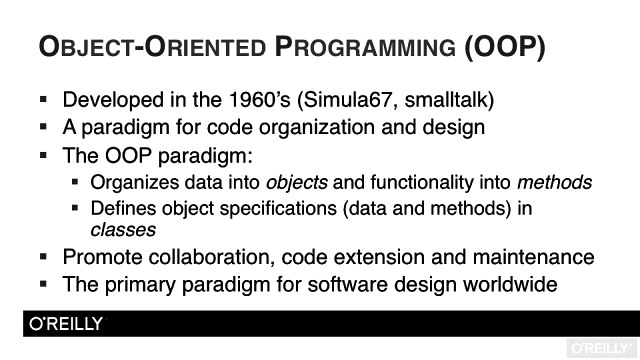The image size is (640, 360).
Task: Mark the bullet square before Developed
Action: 44,101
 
